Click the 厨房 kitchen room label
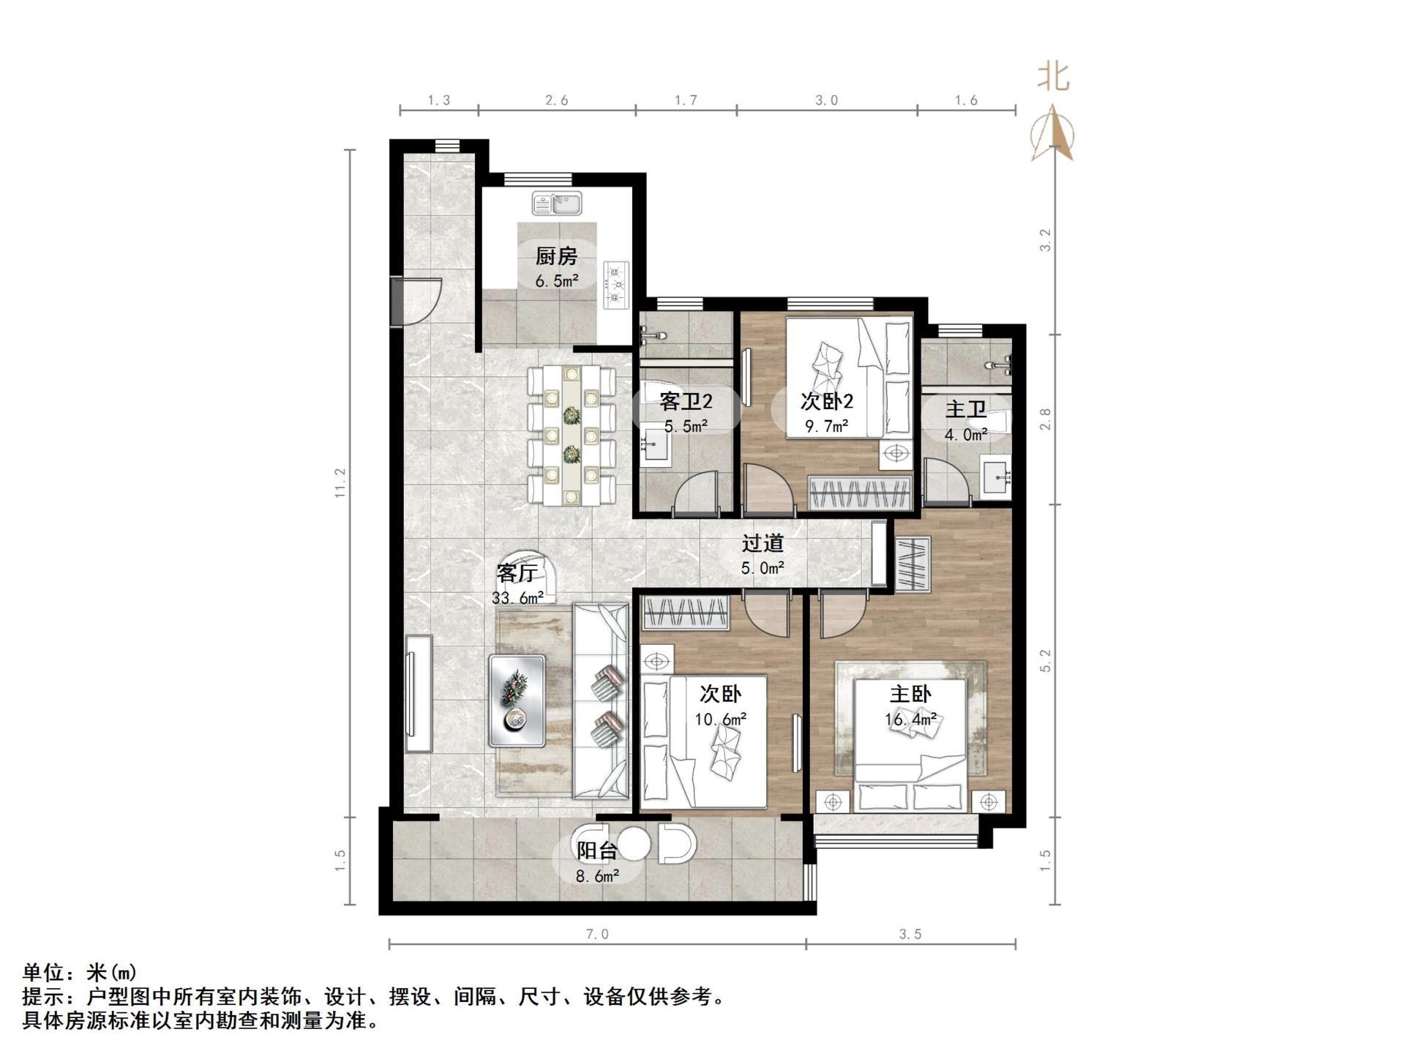[556, 256]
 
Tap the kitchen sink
[558, 203]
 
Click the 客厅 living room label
[517, 572]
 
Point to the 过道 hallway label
[763, 543]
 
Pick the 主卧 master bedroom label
[910, 694]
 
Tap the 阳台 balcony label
[597, 851]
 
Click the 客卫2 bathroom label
[686, 401]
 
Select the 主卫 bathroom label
[966, 408]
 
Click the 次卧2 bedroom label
[827, 401]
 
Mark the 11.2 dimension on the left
[340, 483]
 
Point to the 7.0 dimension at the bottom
[597, 934]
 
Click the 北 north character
[1054, 77]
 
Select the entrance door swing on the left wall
[419, 300]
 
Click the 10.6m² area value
[720, 720]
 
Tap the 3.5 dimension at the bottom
[910, 934]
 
